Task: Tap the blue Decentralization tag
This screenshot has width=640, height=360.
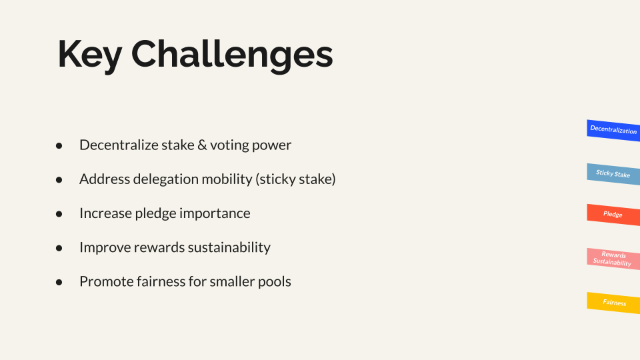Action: (613, 130)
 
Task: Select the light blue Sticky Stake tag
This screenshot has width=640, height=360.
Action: (613, 174)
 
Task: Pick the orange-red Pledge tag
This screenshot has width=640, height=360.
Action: (613, 215)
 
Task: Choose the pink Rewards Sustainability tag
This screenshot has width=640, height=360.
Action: (613, 259)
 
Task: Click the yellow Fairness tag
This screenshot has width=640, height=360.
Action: (613, 303)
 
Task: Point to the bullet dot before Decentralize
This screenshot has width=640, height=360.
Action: (59, 145)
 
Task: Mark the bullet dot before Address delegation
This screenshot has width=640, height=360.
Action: (59, 179)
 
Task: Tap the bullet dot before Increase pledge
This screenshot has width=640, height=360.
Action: (59, 214)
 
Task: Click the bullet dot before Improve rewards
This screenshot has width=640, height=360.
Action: (59, 248)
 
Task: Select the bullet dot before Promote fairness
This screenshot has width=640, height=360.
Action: (59, 282)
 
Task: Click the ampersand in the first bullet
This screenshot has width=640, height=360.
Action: (202, 145)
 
